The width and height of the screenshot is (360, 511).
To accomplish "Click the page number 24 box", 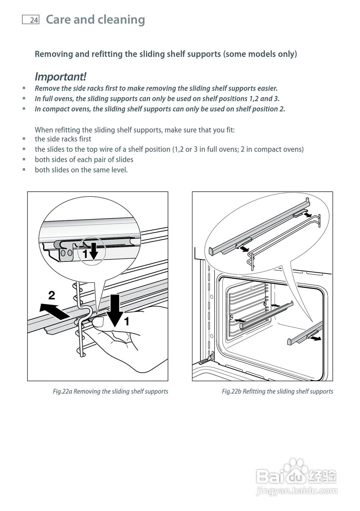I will coord(31,20).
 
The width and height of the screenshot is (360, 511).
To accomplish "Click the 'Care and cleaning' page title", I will coord(95,20).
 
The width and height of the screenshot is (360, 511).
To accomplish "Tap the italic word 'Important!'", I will coord(60,76).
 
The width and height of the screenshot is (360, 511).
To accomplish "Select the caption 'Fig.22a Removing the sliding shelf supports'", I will coord(110,391).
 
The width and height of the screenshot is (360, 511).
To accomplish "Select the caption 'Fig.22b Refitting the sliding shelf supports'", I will coord(277,391).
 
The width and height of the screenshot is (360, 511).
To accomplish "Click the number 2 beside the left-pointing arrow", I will coord(51,296).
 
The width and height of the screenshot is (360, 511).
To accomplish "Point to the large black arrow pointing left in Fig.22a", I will coord(54,311).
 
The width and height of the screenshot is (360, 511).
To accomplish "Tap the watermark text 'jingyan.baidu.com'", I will coord(297,491).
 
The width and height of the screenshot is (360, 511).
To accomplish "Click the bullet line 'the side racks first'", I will coord(63,139).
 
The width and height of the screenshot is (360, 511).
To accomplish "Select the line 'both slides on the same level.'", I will coord(81,170).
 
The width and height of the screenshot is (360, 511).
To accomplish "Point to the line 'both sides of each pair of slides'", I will coord(84,159).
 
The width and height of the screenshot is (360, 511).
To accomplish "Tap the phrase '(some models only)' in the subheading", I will coord(260,54).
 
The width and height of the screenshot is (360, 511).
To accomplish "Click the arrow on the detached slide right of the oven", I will coord(315,339).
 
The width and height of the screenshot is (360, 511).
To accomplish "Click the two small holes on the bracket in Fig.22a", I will coord(67,253).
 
